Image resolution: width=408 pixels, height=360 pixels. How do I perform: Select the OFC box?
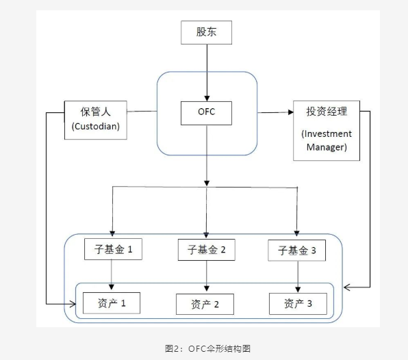coord(206,112)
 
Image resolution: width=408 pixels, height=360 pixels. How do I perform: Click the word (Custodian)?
coord(95,127)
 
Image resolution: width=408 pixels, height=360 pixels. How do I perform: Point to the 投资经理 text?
coord(327,112)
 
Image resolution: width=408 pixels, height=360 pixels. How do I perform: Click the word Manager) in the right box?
coord(327,147)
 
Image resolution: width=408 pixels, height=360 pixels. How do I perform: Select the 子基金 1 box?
coord(113,250)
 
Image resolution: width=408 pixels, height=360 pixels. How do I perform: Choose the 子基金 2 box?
coord(206,250)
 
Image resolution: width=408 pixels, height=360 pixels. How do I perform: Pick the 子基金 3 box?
coord(296,251)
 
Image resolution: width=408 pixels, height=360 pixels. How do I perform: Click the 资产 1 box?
coord(111,303)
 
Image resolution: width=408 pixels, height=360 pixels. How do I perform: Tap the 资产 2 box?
coord(205,304)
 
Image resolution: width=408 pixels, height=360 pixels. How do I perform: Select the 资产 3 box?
coord(297,303)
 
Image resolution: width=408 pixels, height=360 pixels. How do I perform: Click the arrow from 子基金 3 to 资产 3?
coord(297,277)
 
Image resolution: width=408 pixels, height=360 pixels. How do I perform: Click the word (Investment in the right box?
coord(327,133)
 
